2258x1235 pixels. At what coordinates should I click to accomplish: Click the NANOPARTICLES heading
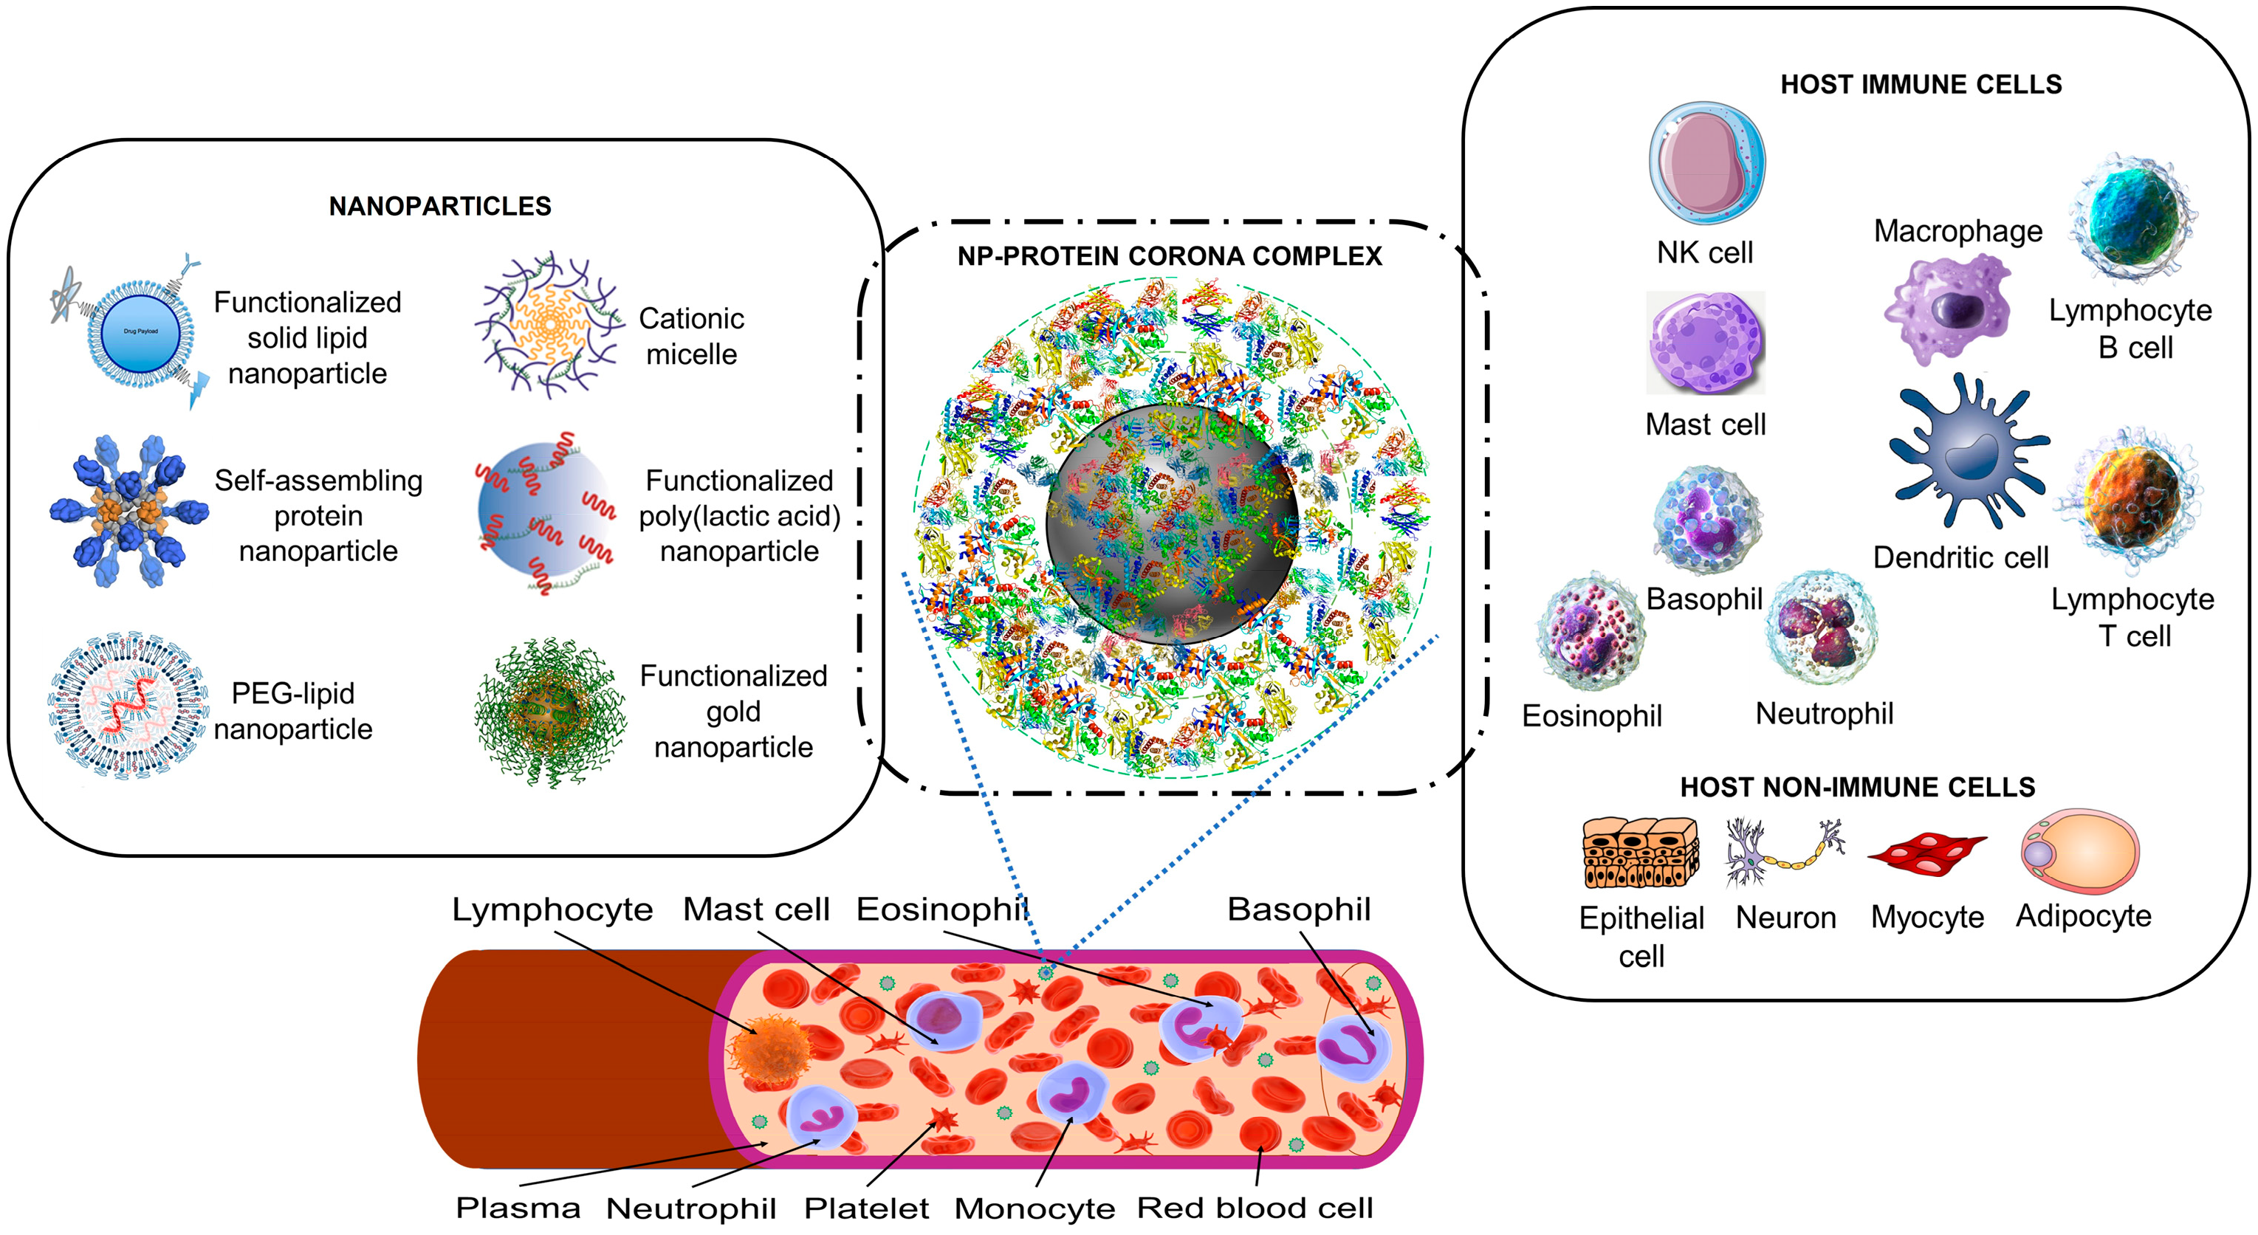440,206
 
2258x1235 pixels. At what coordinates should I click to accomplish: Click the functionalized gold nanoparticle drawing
549,712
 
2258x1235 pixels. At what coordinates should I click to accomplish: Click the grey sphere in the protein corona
1171,523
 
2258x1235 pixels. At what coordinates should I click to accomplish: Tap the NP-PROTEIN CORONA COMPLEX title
1170,256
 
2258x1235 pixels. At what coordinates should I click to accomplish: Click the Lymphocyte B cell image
2132,219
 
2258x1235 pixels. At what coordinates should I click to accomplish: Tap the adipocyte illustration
2080,850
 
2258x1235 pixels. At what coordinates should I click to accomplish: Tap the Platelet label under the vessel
866,1208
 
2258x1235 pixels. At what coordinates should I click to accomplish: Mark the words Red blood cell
1255,1208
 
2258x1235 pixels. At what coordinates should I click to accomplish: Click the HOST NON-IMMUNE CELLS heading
1856,787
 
